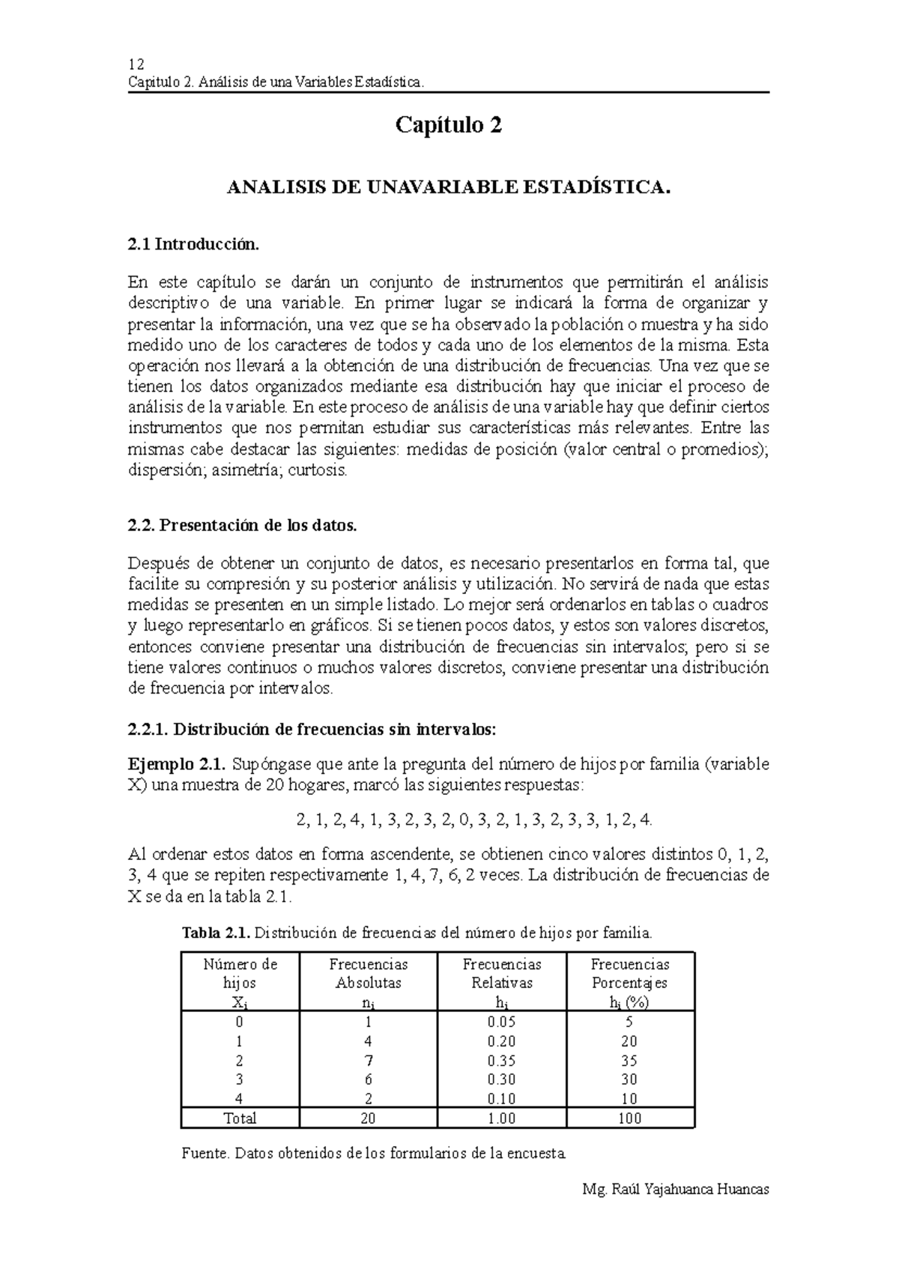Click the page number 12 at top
[x=136, y=64]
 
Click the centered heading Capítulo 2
[x=449, y=125]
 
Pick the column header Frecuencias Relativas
[x=501, y=973]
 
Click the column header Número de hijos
[x=240, y=973]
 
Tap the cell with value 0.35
[x=501, y=1061]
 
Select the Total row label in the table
[x=240, y=1118]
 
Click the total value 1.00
[x=501, y=1118]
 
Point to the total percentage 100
[x=630, y=1118]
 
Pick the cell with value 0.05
[x=501, y=1022]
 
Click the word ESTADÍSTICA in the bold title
[x=592, y=187]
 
